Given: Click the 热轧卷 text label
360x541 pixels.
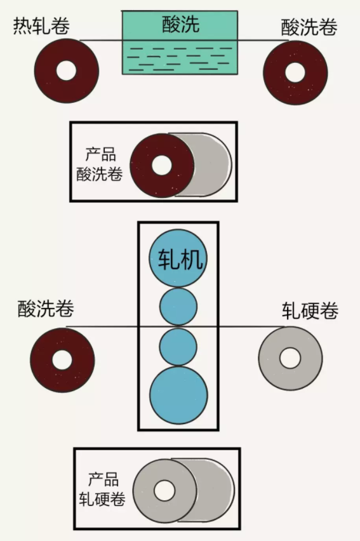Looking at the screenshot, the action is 41,25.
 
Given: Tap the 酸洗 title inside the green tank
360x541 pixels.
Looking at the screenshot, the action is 181,24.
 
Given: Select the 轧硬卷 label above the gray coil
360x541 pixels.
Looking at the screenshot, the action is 310,311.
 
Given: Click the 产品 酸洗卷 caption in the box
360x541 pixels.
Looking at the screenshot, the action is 100,164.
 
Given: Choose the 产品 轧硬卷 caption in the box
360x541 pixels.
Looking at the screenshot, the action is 102,489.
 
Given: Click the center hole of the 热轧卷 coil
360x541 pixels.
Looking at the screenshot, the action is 66,70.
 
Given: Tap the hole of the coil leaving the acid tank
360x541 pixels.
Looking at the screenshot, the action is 295,72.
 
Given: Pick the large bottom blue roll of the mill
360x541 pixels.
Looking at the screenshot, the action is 178,396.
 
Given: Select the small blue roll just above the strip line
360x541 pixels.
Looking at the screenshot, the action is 178,307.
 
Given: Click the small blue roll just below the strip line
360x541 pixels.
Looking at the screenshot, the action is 178,347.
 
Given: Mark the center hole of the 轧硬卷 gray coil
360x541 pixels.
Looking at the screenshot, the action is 290,358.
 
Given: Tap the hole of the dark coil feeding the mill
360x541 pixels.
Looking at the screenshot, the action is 62,360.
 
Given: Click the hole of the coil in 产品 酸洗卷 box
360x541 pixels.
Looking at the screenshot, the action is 161,165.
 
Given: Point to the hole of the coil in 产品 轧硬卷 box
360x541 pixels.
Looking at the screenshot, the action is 164,490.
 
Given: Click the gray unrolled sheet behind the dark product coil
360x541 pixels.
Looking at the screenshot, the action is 211,164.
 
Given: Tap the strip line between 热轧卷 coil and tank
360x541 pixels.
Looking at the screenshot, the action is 101,41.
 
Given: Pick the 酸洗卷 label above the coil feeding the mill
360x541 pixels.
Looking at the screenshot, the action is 46,309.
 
